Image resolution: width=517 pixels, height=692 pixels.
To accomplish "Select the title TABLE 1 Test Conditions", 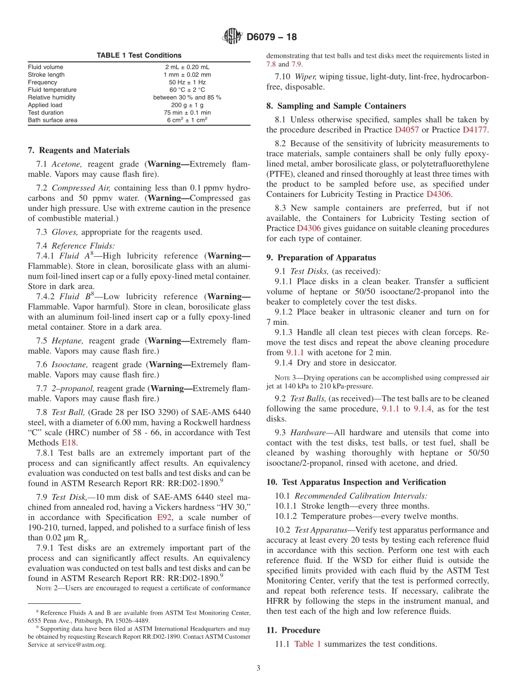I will point(139,55).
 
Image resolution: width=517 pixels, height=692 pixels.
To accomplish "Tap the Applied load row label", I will point(45,105).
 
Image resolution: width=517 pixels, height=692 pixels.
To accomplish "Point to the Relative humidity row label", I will point(52,97).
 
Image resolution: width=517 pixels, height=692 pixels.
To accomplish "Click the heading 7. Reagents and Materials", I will point(79,150).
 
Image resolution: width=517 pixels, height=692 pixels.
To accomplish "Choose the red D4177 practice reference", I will point(475,130).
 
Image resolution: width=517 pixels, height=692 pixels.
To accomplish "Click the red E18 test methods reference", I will point(68,443).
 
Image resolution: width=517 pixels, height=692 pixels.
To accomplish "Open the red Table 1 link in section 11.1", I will point(307,644).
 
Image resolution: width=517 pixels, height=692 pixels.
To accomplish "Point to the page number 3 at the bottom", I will point(258,668).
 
